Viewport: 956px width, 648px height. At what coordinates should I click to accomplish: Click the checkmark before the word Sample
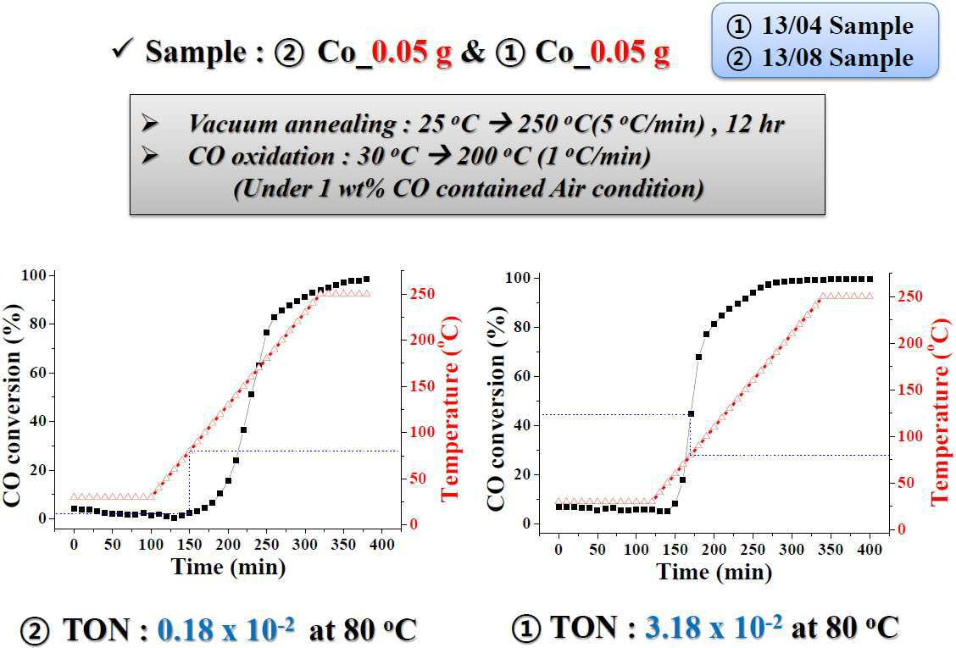[123, 49]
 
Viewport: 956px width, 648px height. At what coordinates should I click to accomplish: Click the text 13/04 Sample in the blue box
[837, 25]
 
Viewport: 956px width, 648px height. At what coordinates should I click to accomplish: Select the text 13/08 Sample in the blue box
[837, 58]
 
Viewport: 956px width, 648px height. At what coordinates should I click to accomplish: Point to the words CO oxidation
[261, 157]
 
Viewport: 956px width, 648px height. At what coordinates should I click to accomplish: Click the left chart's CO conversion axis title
[14, 405]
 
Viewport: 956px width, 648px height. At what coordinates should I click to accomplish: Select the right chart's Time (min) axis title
[714, 572]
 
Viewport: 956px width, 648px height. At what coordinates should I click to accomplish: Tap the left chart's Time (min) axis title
[229, 567]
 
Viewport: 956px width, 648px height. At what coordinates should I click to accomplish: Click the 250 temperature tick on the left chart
[422, 294]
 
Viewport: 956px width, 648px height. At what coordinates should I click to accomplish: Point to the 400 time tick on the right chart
[870, 549]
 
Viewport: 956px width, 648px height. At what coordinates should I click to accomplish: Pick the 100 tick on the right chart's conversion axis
[518, 278]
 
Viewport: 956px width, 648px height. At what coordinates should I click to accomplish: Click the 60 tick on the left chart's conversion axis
[38, 373]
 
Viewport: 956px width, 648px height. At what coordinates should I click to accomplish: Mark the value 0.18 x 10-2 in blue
[225, 629]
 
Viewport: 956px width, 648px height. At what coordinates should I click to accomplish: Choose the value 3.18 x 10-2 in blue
[714, 627]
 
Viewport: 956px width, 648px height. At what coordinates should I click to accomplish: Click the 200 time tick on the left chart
[228, 545]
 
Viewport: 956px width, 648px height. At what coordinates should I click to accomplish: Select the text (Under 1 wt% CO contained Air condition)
[468, 188]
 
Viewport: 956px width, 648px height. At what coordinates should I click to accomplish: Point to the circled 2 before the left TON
[35, 631]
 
